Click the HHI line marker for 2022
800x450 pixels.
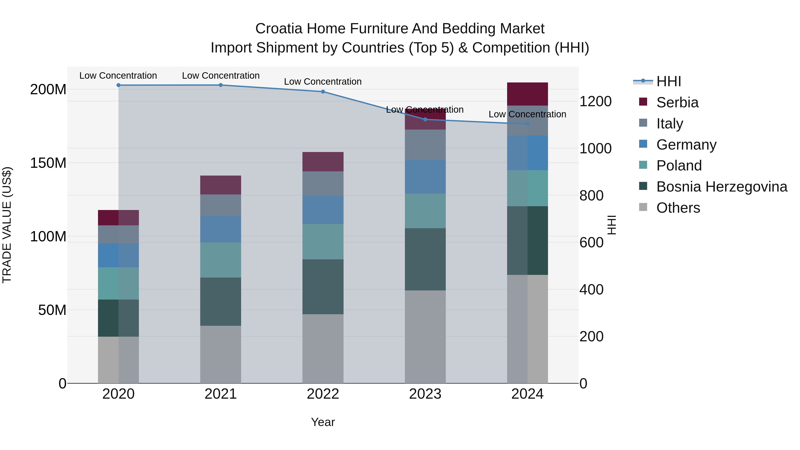323,92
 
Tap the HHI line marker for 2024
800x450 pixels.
527,124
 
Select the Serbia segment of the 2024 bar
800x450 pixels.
527,94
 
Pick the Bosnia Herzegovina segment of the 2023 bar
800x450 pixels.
425,259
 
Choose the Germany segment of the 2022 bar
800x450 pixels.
323,210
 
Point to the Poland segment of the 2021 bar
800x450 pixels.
220,260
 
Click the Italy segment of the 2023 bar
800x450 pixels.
425,145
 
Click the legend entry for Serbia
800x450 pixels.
677,102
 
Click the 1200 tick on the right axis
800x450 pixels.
595,102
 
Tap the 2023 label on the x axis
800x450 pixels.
425,394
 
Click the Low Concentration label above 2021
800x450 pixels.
220,76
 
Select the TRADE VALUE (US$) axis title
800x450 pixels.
7,225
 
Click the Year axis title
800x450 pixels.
323,422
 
